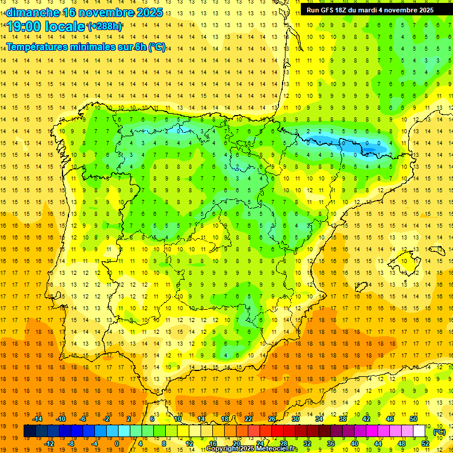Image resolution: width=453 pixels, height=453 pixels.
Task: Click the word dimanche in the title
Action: tap(33, 12)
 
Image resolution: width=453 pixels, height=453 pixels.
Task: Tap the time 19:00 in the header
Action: tap(24, 27)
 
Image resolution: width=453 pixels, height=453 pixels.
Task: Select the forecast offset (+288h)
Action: tap(105, 27)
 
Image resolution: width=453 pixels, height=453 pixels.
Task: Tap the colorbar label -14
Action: tap(38, 419)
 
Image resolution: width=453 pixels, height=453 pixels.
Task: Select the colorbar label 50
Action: tap(413, 419)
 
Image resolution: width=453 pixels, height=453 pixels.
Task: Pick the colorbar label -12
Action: tap(49, 443)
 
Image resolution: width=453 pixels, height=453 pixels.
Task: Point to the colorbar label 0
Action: tap(117, 443)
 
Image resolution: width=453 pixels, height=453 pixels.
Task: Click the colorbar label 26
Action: tap(272, 419)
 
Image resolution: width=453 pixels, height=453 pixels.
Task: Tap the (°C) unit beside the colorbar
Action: tap(439, 432)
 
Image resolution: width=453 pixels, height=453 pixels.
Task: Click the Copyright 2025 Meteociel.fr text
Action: tap(251, 449)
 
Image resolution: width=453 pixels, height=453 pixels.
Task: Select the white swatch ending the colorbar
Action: tap(419, 431)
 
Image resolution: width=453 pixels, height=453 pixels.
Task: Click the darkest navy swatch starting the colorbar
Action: tap(29, 431)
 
